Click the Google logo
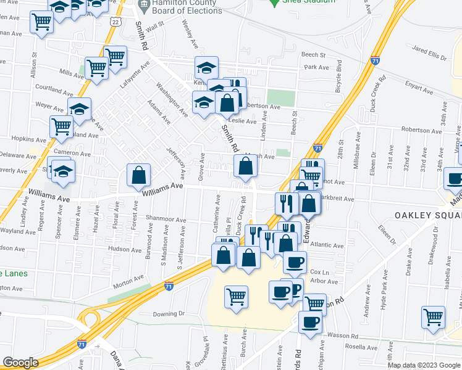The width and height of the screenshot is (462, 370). (20, 363)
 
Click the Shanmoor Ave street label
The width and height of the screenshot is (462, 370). (166, 219)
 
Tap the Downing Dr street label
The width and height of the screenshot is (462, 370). (169, 313)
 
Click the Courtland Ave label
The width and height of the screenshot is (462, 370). (55, 90)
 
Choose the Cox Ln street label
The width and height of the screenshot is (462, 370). (316, 271)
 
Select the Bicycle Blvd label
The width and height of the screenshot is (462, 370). (338, 86)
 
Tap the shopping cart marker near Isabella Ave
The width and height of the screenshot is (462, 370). (434, 317)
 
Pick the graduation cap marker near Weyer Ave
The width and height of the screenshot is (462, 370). (79, 109)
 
